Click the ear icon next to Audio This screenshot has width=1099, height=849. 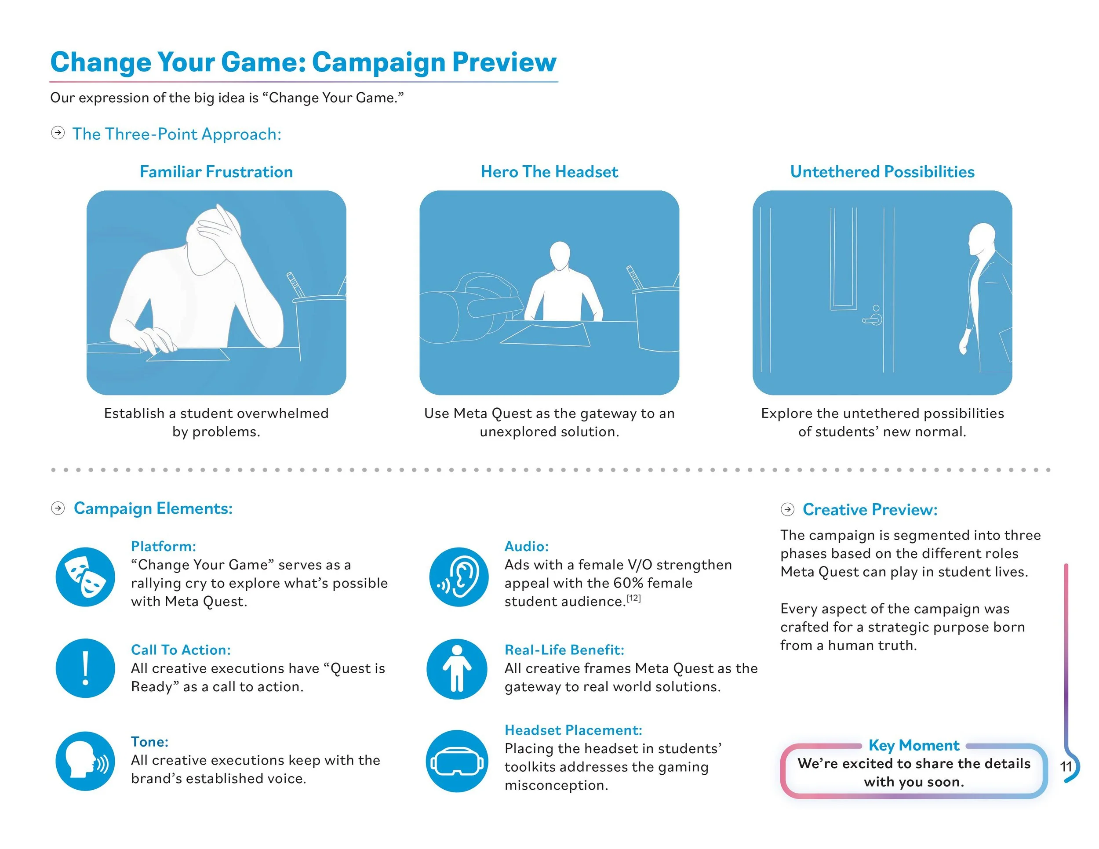coord(459,577)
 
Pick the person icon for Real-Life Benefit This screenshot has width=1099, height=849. coord(457,668)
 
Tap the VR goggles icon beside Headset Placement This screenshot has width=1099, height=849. coord(457,762)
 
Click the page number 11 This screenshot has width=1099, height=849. coord(1066,766)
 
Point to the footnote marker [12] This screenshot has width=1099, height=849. coord(633,598)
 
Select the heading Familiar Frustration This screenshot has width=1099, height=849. coord(216,172)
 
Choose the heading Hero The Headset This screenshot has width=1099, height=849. coord(549,172)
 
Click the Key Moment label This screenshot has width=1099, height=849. coord(914,745)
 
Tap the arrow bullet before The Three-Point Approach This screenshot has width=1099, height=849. coord(58,133)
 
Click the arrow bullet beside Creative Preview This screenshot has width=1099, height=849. coord(787,509)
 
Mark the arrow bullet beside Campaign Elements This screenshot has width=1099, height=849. coord(58,508)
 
